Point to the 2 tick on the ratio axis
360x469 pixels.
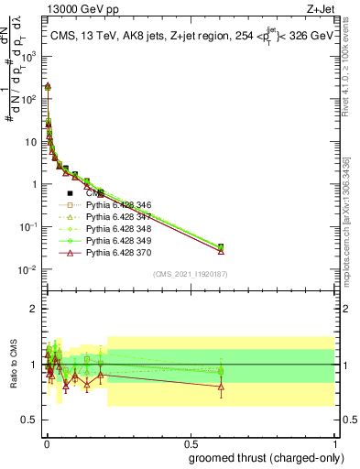point(33,309)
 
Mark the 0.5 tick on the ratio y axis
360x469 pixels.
point(29,421)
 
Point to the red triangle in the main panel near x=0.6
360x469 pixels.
point(221,250)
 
